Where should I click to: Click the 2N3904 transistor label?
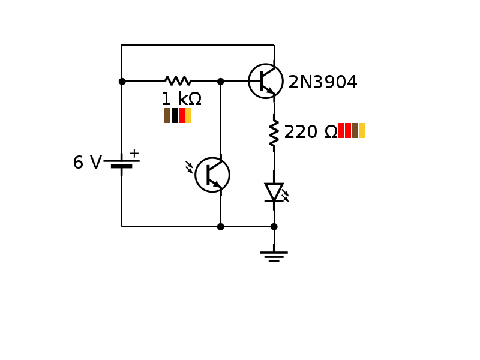(x=323, y=82)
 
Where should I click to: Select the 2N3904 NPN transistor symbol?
(x=266, y=81)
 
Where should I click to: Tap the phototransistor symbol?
(x=212, y=175)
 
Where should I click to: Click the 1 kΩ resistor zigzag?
(x=178, y=81)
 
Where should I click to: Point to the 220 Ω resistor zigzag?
(x=274, y=133)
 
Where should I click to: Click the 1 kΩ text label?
(x=181, y=99)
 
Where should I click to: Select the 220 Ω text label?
(x=310, y=132)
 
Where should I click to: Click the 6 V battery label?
(x=87, y=163)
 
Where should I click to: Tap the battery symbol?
(x=122, y=163)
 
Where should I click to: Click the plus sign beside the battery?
(x=134, y=153)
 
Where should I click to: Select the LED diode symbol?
(x=274, y=192)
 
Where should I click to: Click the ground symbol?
(x=274, y=256)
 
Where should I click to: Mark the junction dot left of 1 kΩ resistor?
(x=122, y=81)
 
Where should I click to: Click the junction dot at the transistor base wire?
(x=221, y=81)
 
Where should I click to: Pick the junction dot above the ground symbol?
(x=274, y=227)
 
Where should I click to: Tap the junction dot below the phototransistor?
(x=221, y=227)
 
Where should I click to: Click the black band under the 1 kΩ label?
(x=175, y=115)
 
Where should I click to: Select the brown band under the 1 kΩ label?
(x=167, y=115)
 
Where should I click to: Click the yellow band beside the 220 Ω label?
(x=362, y=131)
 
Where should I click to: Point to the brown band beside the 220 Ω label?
(x=355, y=131)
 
